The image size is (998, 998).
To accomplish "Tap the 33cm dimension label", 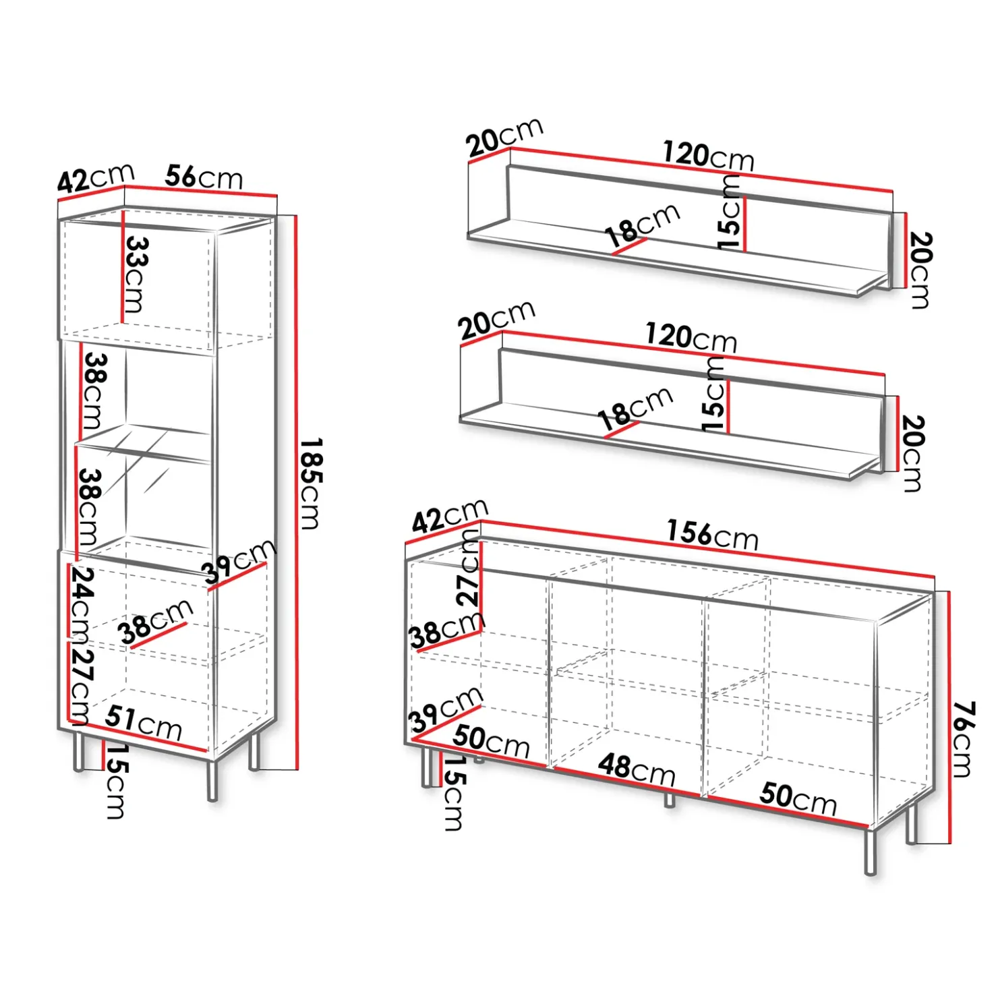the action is click(135, 274).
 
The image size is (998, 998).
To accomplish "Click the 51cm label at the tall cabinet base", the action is click(143, 723).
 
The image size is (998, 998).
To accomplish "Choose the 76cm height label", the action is click(962, 739).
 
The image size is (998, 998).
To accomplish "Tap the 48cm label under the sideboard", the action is click(637, 769).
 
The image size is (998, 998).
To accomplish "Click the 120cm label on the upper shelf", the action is click(708, 156).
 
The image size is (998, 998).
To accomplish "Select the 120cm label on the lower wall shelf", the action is click(691, 337).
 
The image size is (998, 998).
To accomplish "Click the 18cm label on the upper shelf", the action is click(642, 225).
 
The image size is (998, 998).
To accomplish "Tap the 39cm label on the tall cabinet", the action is click(239, 561).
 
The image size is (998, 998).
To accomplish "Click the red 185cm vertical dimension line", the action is click(295, 492).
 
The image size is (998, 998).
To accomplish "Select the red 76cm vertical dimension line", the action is click(949, 717).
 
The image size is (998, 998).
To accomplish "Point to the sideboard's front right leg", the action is click(871, 851).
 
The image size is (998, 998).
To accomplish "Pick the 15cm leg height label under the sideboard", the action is click(454, 792).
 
